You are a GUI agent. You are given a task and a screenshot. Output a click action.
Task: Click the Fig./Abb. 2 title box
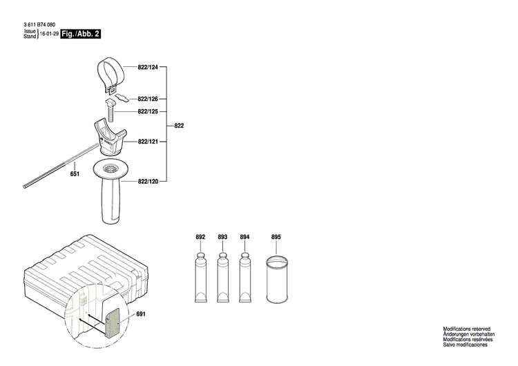(x=81, y=34)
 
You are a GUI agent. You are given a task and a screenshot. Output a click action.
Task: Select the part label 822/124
(x=148, y=67)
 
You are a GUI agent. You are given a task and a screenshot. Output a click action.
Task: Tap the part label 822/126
(x=148, y=99)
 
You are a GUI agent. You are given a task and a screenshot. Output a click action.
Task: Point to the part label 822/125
(x=148, y=111)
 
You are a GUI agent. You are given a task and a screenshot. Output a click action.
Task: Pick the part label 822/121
(x=148, y=142)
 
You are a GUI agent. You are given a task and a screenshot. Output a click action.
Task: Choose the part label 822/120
(x=148, y=181)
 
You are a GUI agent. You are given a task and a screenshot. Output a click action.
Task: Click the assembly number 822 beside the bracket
(x=179, y=126)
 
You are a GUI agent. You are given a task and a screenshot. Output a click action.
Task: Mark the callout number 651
(x=75, y=174)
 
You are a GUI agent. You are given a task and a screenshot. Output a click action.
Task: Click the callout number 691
(x=142, y=314)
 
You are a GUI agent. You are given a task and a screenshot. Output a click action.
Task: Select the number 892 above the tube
(x=200, y=238)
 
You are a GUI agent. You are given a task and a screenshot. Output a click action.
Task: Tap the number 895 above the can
(x=276, y=238)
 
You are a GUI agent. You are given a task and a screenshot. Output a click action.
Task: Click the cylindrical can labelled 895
(x=276, y=280)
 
